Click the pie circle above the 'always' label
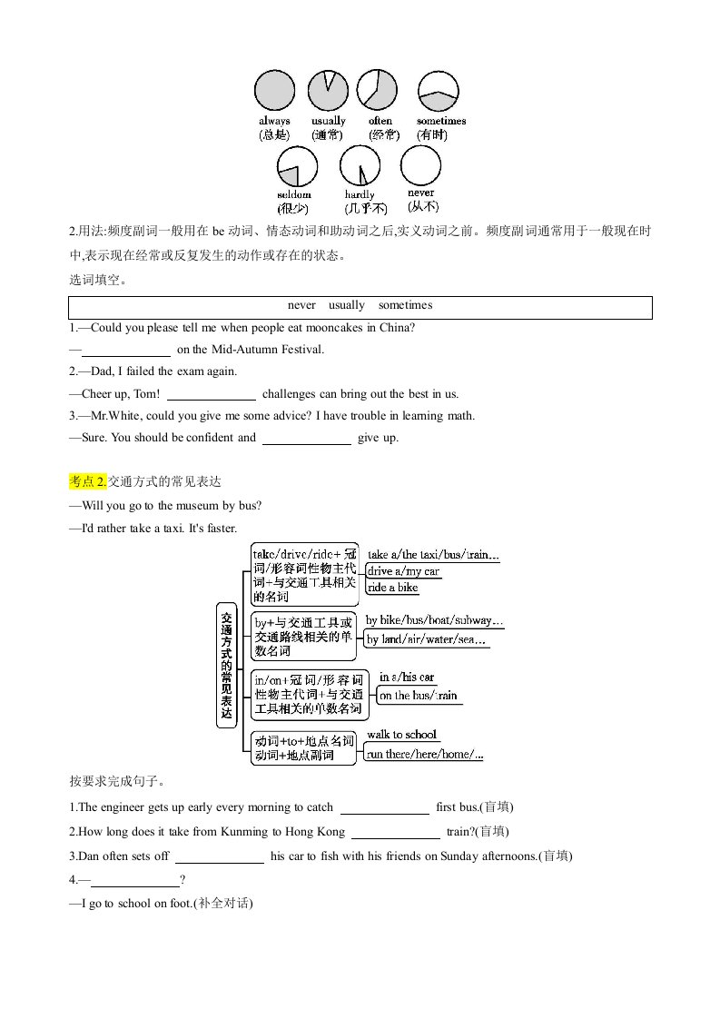tap(274, 91)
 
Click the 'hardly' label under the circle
tap(360, 194)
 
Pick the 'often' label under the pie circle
tap(380, 121)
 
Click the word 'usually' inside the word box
tap(347, 306)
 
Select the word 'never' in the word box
tap(301, 306)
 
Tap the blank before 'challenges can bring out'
tap(212, 394)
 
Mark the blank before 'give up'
tap(307, 438)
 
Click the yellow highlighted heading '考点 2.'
tap(88, 481)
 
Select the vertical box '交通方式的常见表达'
tap(227, 664)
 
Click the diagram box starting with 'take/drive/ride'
tap(304, 575)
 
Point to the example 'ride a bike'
tap(393, 588)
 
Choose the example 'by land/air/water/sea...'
tap(427, 640)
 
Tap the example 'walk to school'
tap(401, 735)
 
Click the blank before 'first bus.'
tap(384, 807)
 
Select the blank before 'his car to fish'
tap(219, 856)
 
